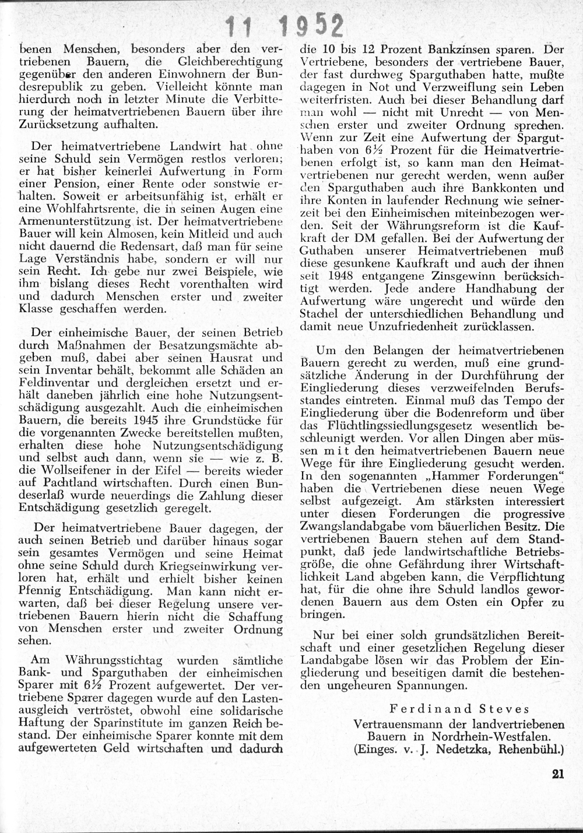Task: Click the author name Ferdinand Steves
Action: (x=459, y=709)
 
